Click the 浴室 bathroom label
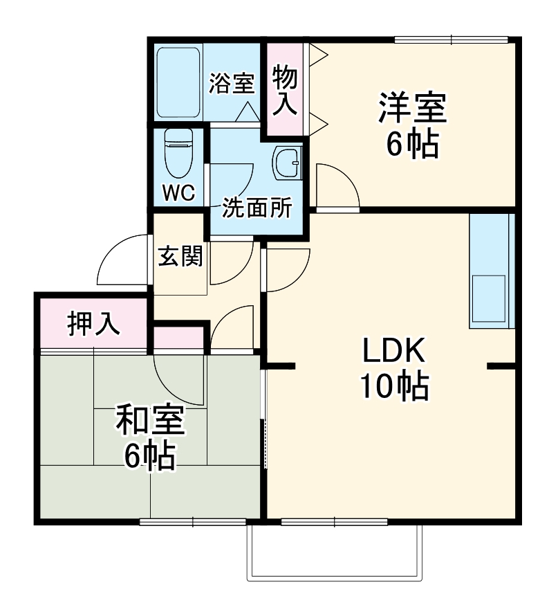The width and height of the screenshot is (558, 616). coord(232,84)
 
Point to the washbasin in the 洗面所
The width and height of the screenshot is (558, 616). coord(287,163)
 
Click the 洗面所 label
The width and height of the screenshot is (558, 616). coord(257,207)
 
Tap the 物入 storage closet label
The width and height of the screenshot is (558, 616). coord(284,89)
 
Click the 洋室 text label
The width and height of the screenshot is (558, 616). coord(411,108)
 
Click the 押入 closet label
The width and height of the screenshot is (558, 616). coord(93,323)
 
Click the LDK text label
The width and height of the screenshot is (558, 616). coord(393,352)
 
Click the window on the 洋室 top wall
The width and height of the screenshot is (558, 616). coord(451,39)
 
